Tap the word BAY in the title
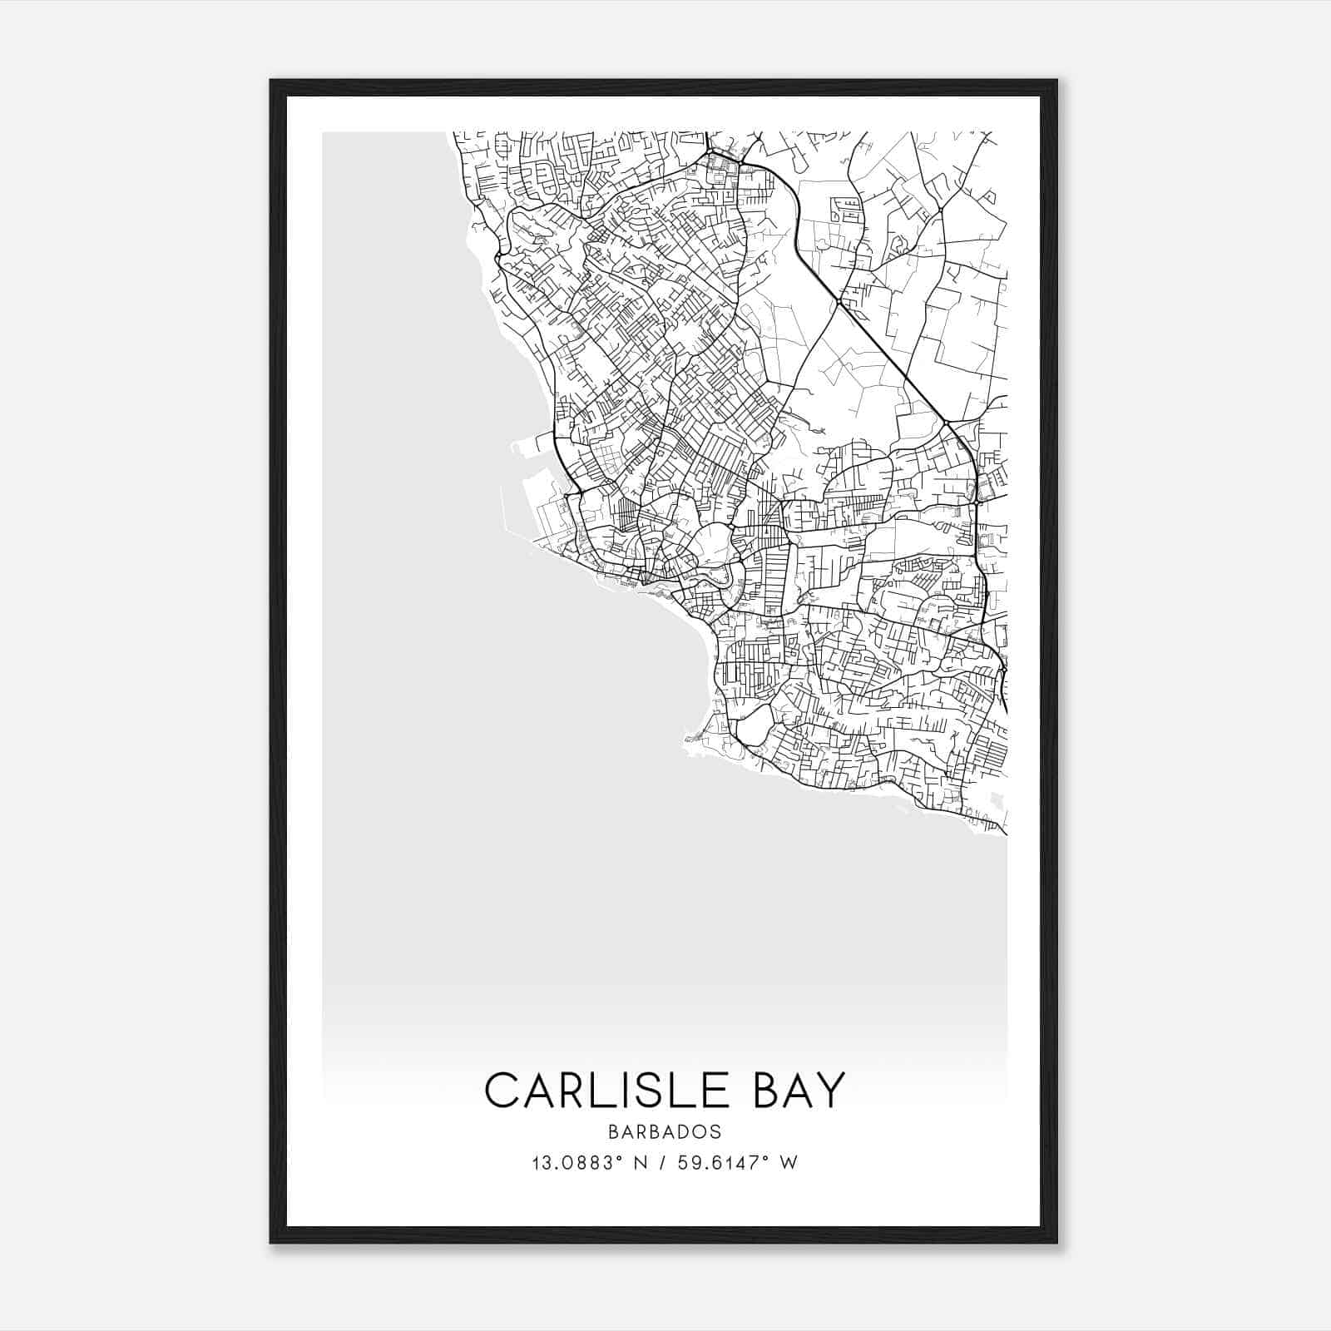(x=799, y=1090)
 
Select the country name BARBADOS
(x=665, y=1132)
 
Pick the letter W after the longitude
(x=789, y=1163)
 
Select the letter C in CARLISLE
(x=502, y=1090)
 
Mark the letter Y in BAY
(x=831, y=1090)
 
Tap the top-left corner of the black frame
(x=272, y=82)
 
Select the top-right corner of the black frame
(x=1056, y=82)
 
